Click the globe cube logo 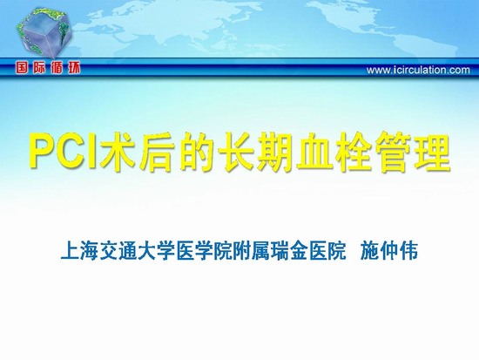coord(44,33)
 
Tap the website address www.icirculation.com coord(418,70)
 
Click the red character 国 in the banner coord(22,68)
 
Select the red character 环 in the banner coord(75,68)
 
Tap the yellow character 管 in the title coord(393,152)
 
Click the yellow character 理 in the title coord(432,152)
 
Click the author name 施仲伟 coord(389,251)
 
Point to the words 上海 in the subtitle coord(80,251)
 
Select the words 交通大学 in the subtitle coord(137,251)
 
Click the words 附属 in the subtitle coord(252,251)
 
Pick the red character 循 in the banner coord(57,68)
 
